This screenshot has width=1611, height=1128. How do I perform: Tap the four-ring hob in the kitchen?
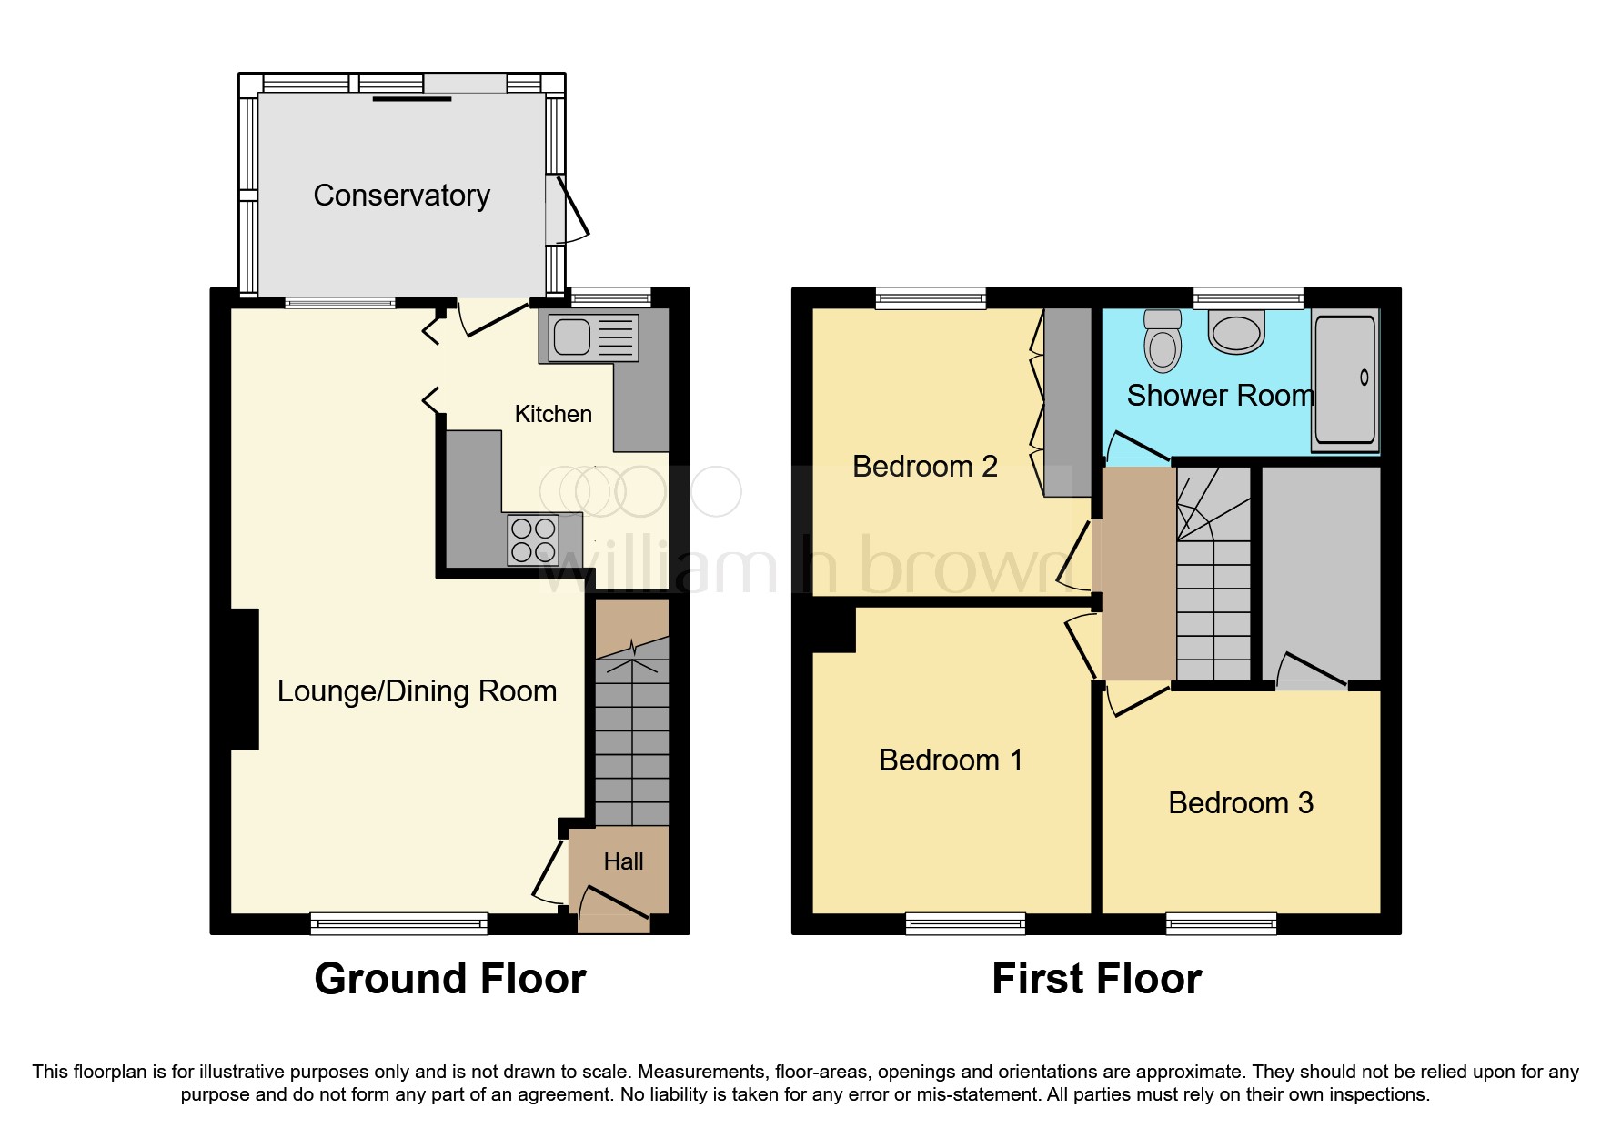pos(533,539)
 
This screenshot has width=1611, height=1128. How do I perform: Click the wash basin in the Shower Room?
pos(1237,331)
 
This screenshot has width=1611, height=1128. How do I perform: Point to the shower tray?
pos(1344,380)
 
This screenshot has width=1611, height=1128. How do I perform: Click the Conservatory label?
pos(401,196)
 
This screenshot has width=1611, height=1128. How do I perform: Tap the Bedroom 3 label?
pos(1240,803)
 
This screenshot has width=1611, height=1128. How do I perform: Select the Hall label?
pos(623,861)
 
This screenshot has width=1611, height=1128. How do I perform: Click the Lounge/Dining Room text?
pos(417,691)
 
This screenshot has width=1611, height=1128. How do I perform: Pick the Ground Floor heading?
pos(449,980)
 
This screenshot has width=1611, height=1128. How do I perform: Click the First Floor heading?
pos(1096,980)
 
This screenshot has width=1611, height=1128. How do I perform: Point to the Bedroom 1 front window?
pos(965,924)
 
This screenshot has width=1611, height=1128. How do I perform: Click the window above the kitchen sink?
pos(610,297)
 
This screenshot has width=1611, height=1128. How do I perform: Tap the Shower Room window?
pos(1248,297)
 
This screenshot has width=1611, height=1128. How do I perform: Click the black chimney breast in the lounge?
pos(244,679)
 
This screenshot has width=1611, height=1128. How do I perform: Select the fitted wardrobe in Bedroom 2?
pos(1066,401)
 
